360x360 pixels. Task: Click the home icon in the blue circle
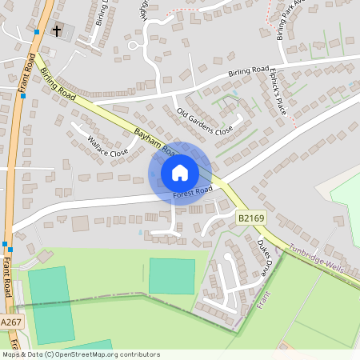(x=180, y=172)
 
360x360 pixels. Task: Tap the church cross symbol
(x=57, y=31)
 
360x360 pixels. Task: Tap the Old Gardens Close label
(x=205, y=120)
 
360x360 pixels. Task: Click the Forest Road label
(x=192, y=193)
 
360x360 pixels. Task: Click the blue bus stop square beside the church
(x=37, y=33)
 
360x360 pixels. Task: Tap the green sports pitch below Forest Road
(x=171, y=276)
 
